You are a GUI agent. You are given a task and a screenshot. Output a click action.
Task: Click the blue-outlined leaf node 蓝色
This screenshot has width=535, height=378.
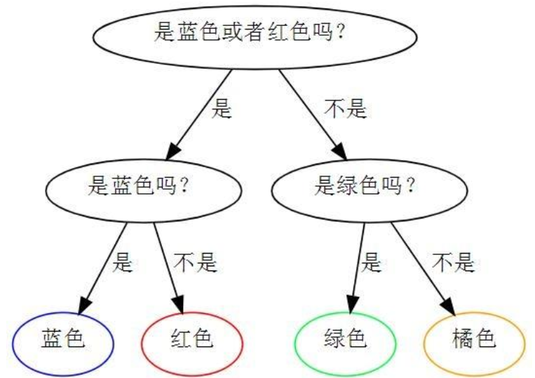click(x=62, y=340)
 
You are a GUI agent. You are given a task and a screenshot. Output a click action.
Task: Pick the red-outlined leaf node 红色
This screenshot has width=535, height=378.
click(x=191, y=340)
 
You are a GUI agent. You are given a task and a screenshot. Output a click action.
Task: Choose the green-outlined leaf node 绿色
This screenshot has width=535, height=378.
click(x=345, y=340)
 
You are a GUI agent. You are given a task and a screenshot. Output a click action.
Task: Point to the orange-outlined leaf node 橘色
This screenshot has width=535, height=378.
click(x=474, y=340)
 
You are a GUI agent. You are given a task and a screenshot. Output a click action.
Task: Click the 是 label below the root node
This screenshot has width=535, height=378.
click(x=222, y=110)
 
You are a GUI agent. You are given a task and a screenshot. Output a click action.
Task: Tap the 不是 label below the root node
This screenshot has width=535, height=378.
click(x=345, y=110)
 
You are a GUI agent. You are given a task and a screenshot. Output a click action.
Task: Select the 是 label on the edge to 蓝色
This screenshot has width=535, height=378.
click(x=122, y=263)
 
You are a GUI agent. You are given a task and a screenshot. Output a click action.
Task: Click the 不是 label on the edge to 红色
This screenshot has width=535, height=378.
click(x=196, y=263)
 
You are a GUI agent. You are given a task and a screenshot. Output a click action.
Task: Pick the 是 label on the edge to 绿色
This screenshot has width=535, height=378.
click(x=371, y=263)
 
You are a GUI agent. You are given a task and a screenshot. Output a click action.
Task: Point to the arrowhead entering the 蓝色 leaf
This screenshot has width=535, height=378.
click(x=83, y=306)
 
